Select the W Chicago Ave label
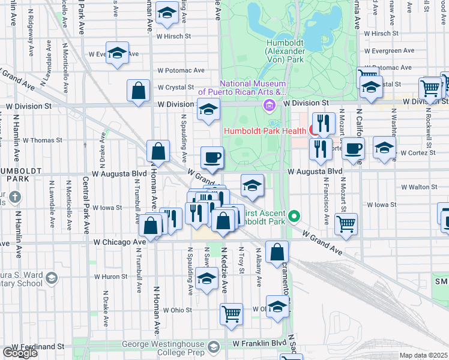(x=119, y=242)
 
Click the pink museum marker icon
(x=269, y=106)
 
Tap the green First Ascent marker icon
(x=294, y=215)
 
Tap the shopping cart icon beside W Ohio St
(x=231, y=313)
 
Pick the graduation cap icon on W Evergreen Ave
(x=118, y=52)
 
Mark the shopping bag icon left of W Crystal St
(x=138, y=91)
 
